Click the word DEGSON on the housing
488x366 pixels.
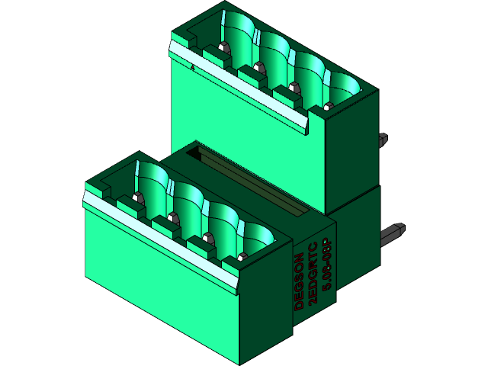[300, 281]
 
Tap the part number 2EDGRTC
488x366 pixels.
[313, 273]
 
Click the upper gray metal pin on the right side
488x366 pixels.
[382, 140]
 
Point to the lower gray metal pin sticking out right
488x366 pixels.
[396, 230]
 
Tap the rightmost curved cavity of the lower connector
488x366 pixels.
[258, 238]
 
